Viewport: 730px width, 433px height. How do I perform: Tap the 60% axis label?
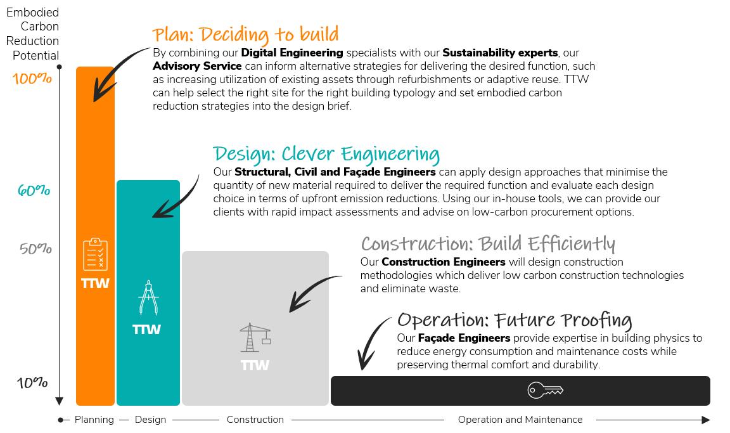(x=34, y=190)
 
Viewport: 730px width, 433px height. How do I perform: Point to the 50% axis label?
(x=35, y=249)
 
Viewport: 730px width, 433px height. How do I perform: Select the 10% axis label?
(x=32, y=383)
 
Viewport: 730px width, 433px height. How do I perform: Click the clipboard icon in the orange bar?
(x=95, y=254)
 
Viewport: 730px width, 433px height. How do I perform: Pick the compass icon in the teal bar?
(x=148, y=299)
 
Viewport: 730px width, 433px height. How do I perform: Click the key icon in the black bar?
(x=545, y=390)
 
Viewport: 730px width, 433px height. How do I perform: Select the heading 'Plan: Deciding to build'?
(x=245, y=34)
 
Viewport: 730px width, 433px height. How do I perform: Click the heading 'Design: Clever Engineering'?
(x=326, y=154)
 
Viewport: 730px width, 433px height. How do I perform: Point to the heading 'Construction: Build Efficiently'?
(x=488, y=244)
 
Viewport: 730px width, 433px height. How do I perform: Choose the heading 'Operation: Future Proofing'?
(x=515, y=320)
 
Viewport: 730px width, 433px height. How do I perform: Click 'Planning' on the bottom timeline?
(x=94, y=420)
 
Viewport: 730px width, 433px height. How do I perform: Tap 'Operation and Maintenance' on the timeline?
(x=520, y=420)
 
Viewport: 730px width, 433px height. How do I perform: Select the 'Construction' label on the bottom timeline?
(x=255, y=420)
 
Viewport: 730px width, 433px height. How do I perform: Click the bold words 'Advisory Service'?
(x=197, y=66)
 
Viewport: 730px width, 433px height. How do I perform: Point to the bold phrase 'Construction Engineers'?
(x=444, y=262)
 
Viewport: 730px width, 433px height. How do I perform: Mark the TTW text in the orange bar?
(x=95, y=283)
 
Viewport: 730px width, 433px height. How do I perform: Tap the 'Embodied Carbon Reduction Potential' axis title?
(x=33, y=34)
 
